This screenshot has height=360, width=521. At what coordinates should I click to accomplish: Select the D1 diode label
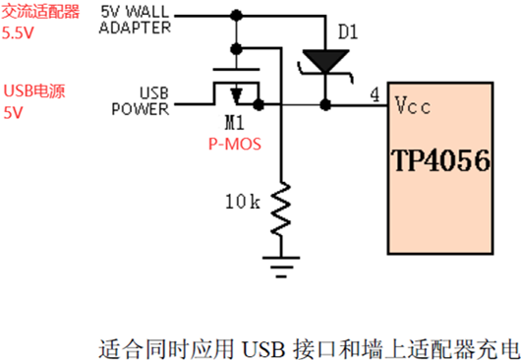[x=349, y=33]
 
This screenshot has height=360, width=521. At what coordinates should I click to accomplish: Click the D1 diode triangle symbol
[x=324, y=62]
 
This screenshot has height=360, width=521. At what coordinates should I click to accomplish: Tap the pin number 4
[x=376, y=95]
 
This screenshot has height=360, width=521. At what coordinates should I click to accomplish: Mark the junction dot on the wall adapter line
[x=235, y=16]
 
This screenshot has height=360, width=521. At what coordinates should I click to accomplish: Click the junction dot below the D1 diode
[x=324, y=103]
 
